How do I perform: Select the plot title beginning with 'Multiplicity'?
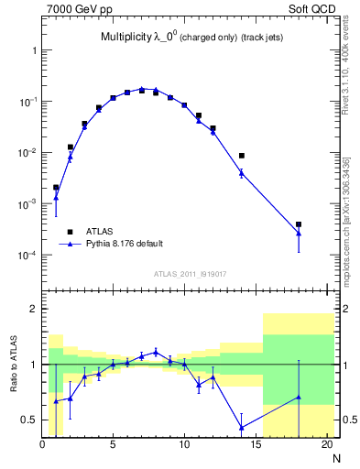[191, 38]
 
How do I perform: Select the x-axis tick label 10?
[184, 446]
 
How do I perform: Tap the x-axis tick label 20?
[326, 446]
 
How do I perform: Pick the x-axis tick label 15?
[256, 446]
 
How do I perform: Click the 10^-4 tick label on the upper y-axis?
[26, 255]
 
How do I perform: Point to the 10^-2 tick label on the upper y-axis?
[26, 153]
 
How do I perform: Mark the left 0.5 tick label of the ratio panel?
[29, 420]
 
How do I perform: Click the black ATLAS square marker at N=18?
[299, 224]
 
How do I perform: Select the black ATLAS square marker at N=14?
[242, 156]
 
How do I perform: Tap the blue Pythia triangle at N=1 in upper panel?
[56, 197]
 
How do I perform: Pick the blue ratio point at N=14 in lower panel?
[242, 428]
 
